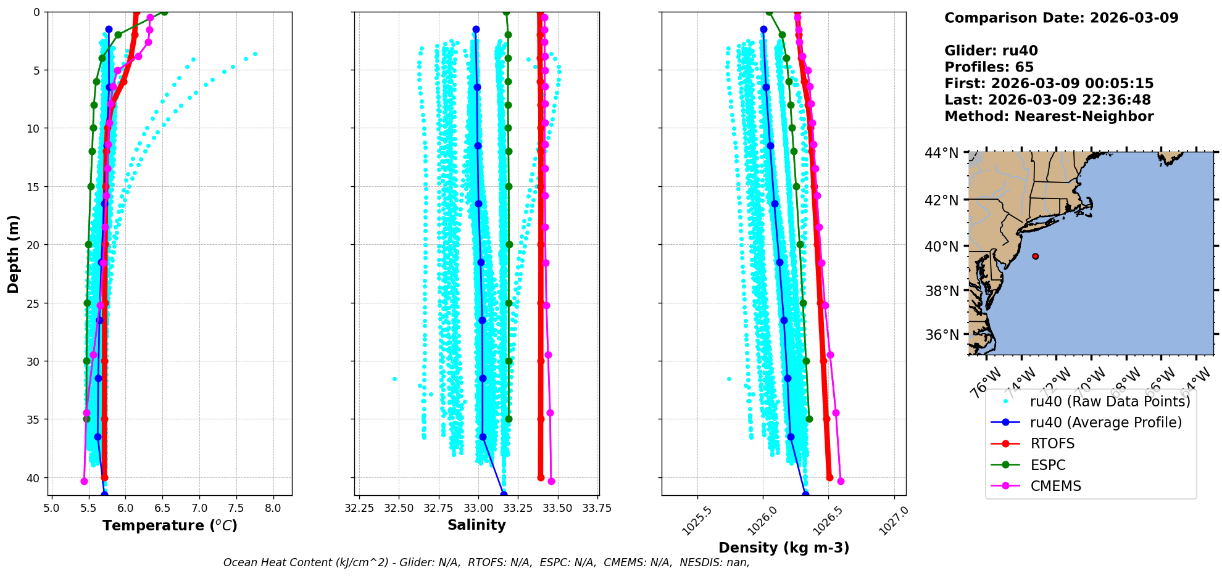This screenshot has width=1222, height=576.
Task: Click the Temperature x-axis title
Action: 170,525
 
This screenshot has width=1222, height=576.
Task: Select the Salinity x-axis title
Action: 476,525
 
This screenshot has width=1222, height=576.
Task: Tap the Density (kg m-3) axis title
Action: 784,548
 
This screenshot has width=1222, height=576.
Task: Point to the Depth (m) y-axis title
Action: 14,253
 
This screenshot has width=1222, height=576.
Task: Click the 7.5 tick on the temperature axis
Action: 236,508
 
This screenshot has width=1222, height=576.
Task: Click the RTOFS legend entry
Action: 1052,444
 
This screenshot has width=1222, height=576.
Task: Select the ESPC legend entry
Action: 1048,465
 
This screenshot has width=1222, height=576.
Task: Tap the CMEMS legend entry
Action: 1055,486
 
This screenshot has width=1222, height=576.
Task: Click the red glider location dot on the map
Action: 1035,257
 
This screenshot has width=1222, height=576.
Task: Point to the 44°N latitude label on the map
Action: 941,153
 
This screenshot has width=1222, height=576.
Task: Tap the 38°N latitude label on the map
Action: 941,291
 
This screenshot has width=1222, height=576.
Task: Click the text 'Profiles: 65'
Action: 989,67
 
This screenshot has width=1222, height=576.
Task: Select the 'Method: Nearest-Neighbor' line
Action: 1049,117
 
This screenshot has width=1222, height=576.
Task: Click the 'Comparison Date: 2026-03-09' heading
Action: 1061,18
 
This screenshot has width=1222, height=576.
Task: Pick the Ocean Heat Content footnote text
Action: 486,562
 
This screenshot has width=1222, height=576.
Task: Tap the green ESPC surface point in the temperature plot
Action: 164,12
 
